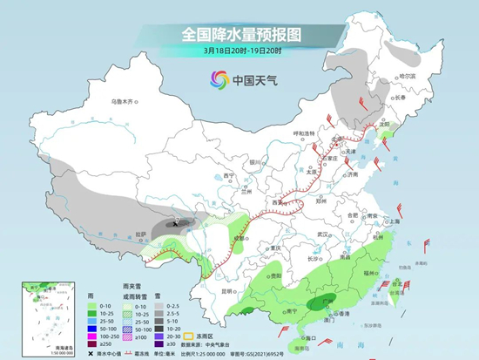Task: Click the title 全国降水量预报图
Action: (x=239, y=34)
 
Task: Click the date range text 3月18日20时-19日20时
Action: (x=239, y=51)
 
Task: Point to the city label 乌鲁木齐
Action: (x=125, y=103)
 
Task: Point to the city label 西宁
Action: (x=229, y=176)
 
